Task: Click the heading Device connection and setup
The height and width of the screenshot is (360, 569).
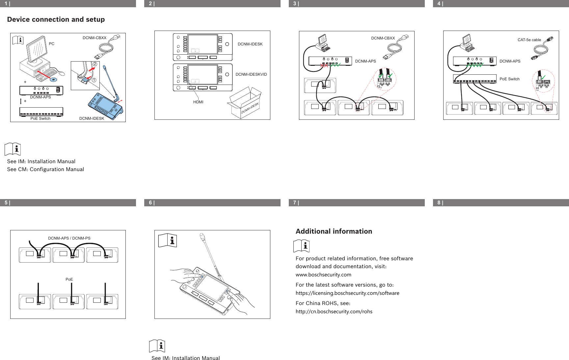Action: [56, 19]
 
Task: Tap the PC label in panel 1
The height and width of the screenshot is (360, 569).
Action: [52, 44]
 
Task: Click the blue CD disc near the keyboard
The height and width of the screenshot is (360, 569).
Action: [53, 80]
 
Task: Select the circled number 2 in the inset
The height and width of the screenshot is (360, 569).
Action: [95, 64]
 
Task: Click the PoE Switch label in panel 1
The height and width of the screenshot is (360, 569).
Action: [41, 118]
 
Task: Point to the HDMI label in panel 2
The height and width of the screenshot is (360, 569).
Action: [198, 102]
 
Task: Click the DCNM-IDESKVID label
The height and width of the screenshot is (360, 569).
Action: [251, 74]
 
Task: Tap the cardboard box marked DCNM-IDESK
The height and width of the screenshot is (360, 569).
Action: [245, 104]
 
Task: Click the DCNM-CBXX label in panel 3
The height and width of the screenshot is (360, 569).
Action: [383, 38]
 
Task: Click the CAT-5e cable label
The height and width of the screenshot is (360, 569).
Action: [529, 40]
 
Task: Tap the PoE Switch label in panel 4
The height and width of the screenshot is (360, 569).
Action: [509, 79]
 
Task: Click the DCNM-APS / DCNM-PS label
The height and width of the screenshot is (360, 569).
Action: [69, 238]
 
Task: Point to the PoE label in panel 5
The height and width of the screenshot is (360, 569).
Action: [69, 279]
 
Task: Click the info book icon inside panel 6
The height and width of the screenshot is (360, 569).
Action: [168, 241]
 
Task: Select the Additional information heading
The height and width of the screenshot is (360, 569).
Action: [334, 231]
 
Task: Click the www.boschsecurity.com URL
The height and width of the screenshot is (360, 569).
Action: [323, 275]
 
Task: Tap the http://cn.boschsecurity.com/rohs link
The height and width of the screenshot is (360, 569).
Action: [334, 312]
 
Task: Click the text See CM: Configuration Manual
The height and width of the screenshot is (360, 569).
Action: [45, 169]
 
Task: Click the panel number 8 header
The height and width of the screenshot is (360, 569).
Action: [440, 203]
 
